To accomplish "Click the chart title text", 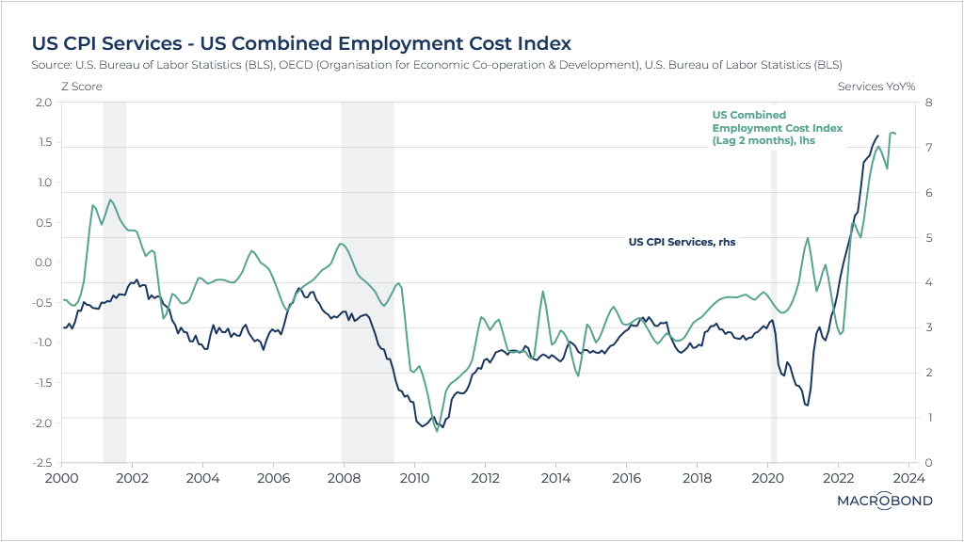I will pyautogui.click(x=301, y=43).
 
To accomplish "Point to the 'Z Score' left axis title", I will pyautogui.click(x=81, y=86).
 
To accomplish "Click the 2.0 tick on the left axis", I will pyautogui.click(x=43, y=102).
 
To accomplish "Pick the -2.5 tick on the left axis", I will pyautogui.click(x=41, y=462).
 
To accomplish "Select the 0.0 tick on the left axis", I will pyautogui.click(x=43, y=262).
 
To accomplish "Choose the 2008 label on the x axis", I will pyautogui.click(x=344, y=478).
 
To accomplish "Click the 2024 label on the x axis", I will pyautogui.click(x=910, y=478).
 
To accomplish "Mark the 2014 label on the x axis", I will pyautogui.click(x=555, y=478).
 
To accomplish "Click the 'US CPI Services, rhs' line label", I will pyautogui.click(x=682, y=242).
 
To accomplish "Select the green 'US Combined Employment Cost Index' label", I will pyautogui.click(x=777, y=127).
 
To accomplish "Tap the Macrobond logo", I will pyautogui.click(x=884, y=501).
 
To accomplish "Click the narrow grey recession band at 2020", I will pyautogui.click(x=774, y=282).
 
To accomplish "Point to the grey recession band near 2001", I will pyautogui.click(x=114, y=282).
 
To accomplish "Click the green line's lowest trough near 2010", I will pyautogui.click(x=437, y=431).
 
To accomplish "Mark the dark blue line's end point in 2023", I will pyautogui.click(x=879, y=135).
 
